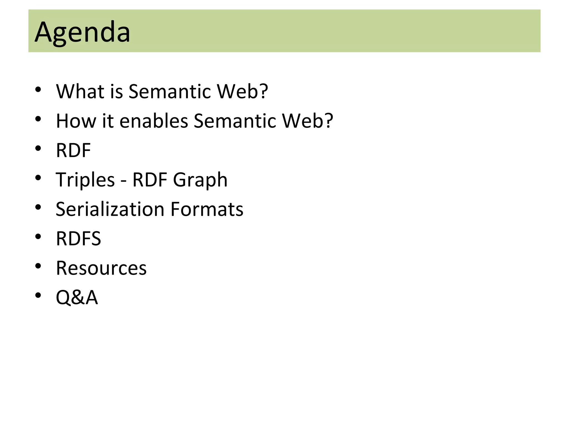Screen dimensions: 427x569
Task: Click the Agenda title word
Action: pyautogui.click(x=82, y=32)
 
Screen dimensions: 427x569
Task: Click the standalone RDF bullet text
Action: pyautogui.click(x=73, y=150)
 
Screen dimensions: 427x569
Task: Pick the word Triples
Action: pyautogui.click(x=85, y=180)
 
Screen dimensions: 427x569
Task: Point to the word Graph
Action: pyautogui.click(x=200, y=180)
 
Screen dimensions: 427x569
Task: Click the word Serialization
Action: pyautogui.click(x=110, y=209)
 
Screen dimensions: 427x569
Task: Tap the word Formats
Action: pyautogui.click(x=207, y=209)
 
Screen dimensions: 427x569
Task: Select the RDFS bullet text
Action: pyautogui.click(x=78, y=239)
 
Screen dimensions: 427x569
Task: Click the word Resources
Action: pyautogui.click(x=101, y=268)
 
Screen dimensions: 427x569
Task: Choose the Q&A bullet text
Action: pyautogui.click(x=77, y=297)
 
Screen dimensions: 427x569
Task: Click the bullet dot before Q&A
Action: pyautogui.click(x=38, y=295)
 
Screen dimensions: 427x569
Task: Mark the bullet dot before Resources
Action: pyautogui.click(x=38, y=266)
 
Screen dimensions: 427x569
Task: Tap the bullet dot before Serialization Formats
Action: pyautogui.click(x=38, y=207)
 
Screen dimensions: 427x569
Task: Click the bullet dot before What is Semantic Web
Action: pyautogui.click(x=38, y=89)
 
